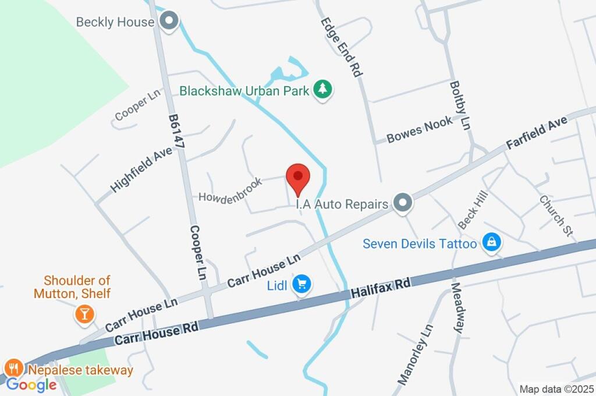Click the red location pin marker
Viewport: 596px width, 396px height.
[x=298, y=176]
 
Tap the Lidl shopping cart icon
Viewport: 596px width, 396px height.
[x=302, y=284]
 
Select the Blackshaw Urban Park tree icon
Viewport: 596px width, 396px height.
[x=322, y=90]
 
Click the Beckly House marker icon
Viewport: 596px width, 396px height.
[x=169, y=22]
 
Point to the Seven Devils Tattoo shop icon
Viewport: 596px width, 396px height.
[x=492, y=243]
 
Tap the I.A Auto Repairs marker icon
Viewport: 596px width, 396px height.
[x=402, y=204]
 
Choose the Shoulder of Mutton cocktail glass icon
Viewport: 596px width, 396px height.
[x=84, y=314]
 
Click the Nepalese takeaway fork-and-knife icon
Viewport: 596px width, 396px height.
[x=13, y=369]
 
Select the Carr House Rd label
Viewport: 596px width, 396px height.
[x=157, y=333]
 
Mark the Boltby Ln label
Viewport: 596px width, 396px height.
[x=460, y=105]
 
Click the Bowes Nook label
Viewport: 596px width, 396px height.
[x=419, y=130]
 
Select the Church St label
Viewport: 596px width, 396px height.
[x=556, y=215]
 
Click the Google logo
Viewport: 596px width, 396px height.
[x=31, y=384]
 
